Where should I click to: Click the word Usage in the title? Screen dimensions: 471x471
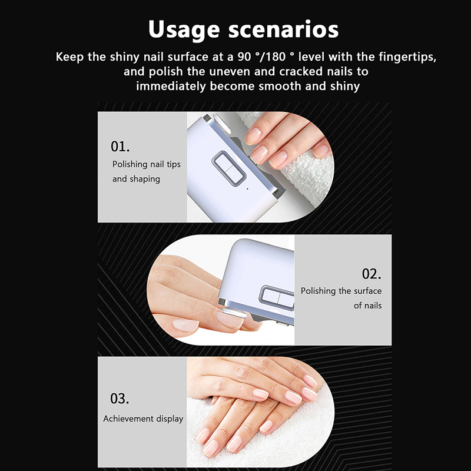coord(184,30)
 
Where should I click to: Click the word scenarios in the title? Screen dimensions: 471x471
coord(283,29)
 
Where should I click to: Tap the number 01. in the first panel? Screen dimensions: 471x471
coord(120,147)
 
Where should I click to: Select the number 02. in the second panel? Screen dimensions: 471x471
coord(372,274)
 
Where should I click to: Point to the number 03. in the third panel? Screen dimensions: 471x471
coord(120,399)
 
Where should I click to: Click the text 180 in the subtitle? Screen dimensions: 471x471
coord(275,57)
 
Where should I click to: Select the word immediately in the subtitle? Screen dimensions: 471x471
coord(171,87)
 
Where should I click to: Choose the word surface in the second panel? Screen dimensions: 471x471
coord(367,291)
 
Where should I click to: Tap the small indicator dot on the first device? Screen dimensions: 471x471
coord(247,188)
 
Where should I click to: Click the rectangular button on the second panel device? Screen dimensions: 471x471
coord(277,297)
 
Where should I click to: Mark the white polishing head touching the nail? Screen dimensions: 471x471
coord(234,313)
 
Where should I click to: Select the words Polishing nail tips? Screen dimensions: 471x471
coord(146,164)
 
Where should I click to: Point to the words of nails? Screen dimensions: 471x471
coord(367,306)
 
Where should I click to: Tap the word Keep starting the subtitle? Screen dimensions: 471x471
coord(69,57)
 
